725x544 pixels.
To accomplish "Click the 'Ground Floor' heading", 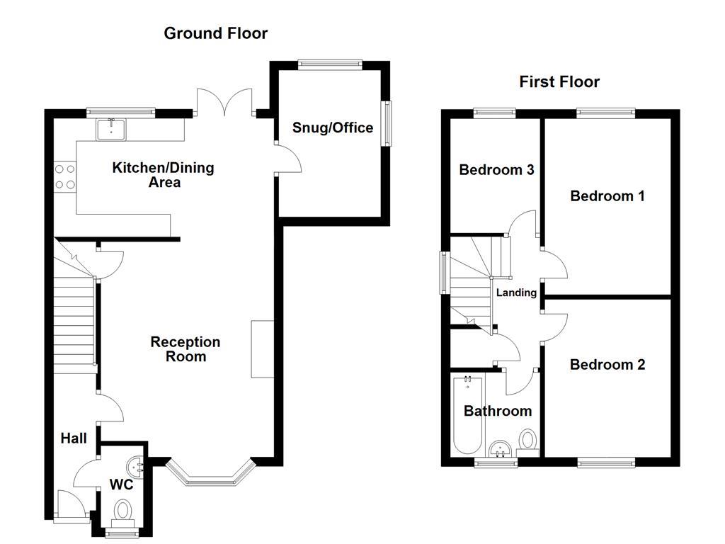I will [x=215, y=33].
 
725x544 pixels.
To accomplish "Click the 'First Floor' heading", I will [x=559, y=82].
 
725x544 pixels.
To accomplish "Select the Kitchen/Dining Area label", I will [x=164, y=175].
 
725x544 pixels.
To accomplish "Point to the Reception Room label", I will [x=185, y=349].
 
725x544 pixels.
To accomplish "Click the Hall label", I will [x=74, y=438].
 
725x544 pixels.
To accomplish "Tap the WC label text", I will [x=122, y=486].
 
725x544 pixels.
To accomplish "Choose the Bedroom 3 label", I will [x=496, y=170].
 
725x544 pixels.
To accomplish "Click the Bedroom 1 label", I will [x=607, y=196].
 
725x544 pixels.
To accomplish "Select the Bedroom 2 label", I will [x=607, y=365].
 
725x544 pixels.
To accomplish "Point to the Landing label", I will [x=516, y=293].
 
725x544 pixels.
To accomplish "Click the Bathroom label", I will [x=498, y=412].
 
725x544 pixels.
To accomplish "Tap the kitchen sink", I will [x=112, y=127].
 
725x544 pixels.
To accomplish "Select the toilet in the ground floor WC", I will [x=124, y=511].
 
